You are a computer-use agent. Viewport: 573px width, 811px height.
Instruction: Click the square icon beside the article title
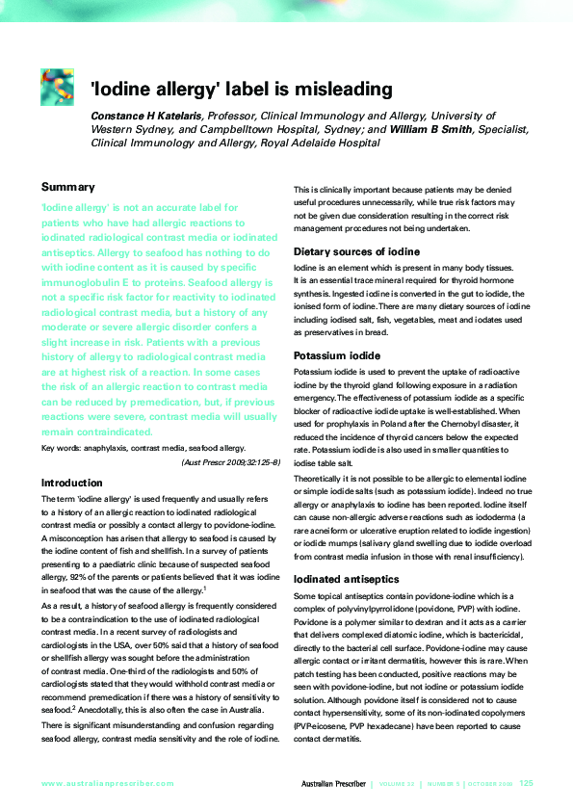click(x=57, y=87)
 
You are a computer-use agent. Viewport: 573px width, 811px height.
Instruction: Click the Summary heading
click(x=67, y=187)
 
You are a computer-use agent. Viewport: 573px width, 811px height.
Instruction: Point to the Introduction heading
click(x=72, y=483)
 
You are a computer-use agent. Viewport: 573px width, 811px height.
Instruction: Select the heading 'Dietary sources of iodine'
click(x=356, y=251)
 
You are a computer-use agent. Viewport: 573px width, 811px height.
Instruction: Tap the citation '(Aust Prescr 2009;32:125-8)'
click(x=230, y=462)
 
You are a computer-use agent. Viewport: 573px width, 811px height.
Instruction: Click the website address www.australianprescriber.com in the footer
click(x=108, y=784)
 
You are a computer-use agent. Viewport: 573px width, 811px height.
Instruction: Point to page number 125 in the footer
click(x=527, y=784)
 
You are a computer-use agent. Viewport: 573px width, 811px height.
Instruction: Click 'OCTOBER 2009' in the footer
click(x=489, y=784)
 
